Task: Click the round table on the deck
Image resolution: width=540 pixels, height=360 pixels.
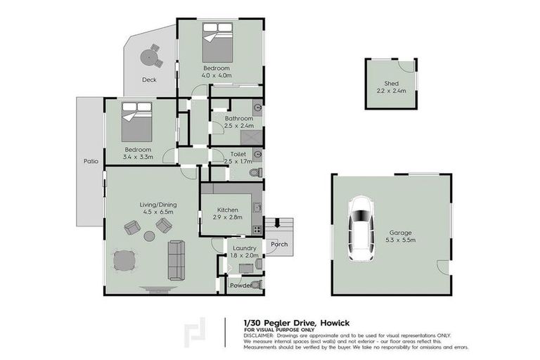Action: pos(150,56)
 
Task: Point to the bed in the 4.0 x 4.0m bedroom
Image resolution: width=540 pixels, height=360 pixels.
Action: pos(217,43)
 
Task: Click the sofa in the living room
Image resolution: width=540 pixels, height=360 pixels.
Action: pos(176,260)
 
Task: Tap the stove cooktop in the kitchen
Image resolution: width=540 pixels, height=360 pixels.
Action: pos(257,229)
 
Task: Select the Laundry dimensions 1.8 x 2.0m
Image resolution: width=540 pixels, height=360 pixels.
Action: pos(245,256)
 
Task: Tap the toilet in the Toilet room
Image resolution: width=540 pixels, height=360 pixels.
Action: pos(257,171)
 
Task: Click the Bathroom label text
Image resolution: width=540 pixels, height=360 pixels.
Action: pos(238,119)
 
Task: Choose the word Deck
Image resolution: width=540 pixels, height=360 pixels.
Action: pos(148,79)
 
